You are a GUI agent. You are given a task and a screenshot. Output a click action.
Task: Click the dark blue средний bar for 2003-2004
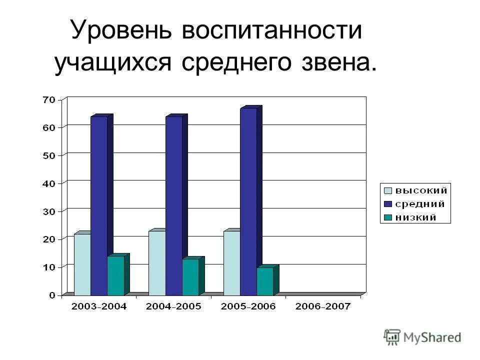click(x=98, y=205)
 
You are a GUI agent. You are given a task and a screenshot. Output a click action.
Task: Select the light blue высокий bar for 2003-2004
click(x=82, y=264)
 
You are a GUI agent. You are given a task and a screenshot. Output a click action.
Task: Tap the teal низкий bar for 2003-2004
click(x=115, y=275)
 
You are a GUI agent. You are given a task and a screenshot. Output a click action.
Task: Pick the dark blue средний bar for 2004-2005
click(x=173, y=205)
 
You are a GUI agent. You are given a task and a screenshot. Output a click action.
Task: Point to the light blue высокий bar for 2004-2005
click(x=156, y=262)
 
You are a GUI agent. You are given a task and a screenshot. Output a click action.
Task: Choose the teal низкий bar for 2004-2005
click(x=190, y=276)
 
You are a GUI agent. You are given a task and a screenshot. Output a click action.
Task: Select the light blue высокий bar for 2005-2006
click(x=231, y=262)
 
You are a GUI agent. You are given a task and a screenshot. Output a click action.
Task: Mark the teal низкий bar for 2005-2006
click(x=264, y=281)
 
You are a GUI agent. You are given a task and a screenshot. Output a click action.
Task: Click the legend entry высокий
click(x=415, y=190)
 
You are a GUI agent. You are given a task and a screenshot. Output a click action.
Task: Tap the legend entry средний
click(x=415, y=204)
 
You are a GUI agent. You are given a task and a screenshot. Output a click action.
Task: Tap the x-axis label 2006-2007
click(x=323, y=307)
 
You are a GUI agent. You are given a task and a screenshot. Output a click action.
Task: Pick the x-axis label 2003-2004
click(x=99, y=307)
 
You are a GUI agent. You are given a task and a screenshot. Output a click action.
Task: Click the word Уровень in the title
click(x=121, y=30)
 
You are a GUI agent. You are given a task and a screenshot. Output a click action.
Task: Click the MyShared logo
click(x=422, y=337)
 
